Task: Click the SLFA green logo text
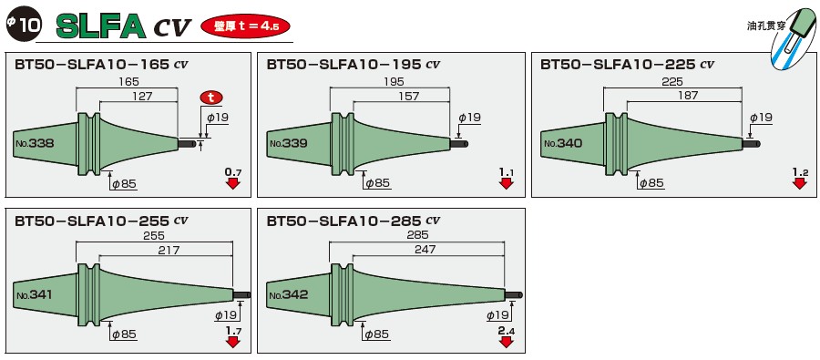click(x=101, y=25)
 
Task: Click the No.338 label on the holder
click(x=34, y=144)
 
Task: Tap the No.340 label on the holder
click(x=562, y=144)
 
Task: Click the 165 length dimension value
click(x=127, y=82)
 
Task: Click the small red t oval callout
click(x=212, y=97)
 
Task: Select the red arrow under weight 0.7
click(x=232, y=183)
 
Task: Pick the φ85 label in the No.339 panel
click(x=376, y=183)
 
